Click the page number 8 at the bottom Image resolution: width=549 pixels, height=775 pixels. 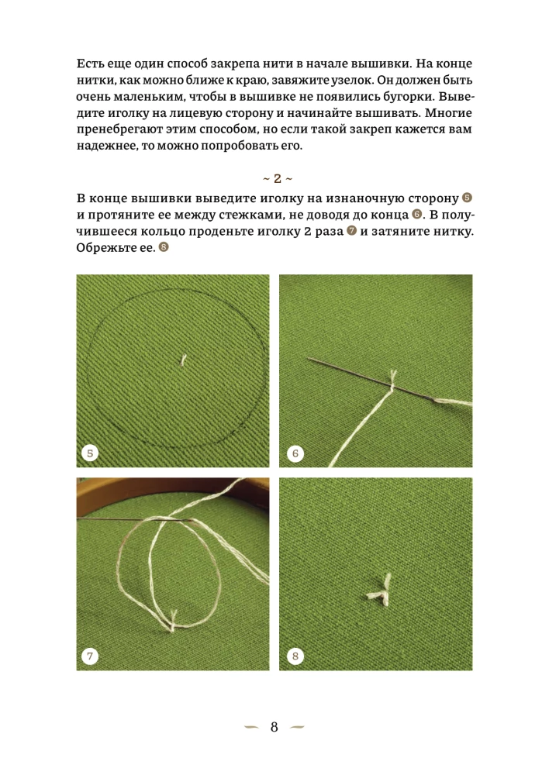pyautogui.click(x=274, y=727)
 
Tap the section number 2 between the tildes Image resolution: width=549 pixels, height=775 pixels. pyautogui.click(x=278, y=178)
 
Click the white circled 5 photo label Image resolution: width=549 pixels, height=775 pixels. pyautogui.click(x=90, y=453)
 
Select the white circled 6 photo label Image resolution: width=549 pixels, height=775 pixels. pyautogui.click(x=295, y=453)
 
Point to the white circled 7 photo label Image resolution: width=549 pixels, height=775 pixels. pyautogui.click(x=90, y=656)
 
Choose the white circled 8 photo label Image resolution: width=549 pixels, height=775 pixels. pyautogui.click(x=295, y=656)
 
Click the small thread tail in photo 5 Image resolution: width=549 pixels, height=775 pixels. pyautogui.click(x=182, y=360)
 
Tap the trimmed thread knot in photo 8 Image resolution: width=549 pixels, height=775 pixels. pyautogui.click(x=380, y=591)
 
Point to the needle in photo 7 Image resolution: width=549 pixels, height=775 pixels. pyautogui.click(x=135, y=519)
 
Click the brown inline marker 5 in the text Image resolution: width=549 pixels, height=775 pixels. pyautogui.click(x=467, y=198)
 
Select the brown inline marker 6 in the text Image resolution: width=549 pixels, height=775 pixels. pyautogui.click(x=417, y=215)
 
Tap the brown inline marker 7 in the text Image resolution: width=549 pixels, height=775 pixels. pyautogui.click(x=352, y=231)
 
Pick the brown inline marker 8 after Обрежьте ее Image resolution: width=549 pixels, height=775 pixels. pyautogui.click(x=163, y=247)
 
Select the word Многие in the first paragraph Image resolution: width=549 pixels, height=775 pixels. pyautogui.click(x=449, y=112)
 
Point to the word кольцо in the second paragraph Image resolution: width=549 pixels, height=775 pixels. pyautogui.click(x=163, y=231)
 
